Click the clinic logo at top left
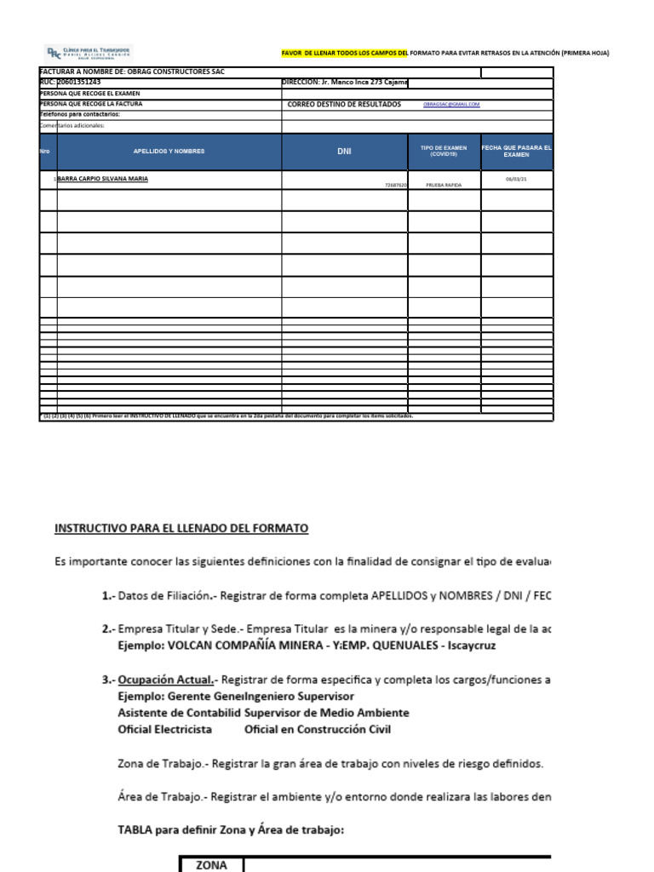pyautogui.click(x=88, y=52)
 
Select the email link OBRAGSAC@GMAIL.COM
pyautogui.click(x=451, y=104)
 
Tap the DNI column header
pyautogui.click(x=344, y=151)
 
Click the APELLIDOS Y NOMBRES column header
pyautogui.click(x=169, y=151)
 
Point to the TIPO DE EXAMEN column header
pyautogui.click(x=444, y=151)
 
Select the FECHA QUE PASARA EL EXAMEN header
pyautogui.click(x=517, y=151)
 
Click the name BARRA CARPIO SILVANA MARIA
pyautogui.click(x=102, y=180)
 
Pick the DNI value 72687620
pyautogui.click(x=396, y=184)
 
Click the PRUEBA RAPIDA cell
pyautogui.click(x=444, y=184)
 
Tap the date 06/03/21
pyautogui.click(x=516, y=180)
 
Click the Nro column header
pyautogui.click(x=45, y=151)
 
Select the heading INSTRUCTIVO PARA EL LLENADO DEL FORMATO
pyautogui.click(x=181, y=529)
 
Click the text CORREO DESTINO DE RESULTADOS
pyautogui.click(x=344, y=104)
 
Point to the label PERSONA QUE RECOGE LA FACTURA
pyautogui.click(x=91, y=103)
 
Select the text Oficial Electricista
pyautogui.click(x=164, y=730)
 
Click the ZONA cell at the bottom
pyautogui.click(x=211, y=864)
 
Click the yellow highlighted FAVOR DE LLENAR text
pyautogui.click(x=345, y=53)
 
